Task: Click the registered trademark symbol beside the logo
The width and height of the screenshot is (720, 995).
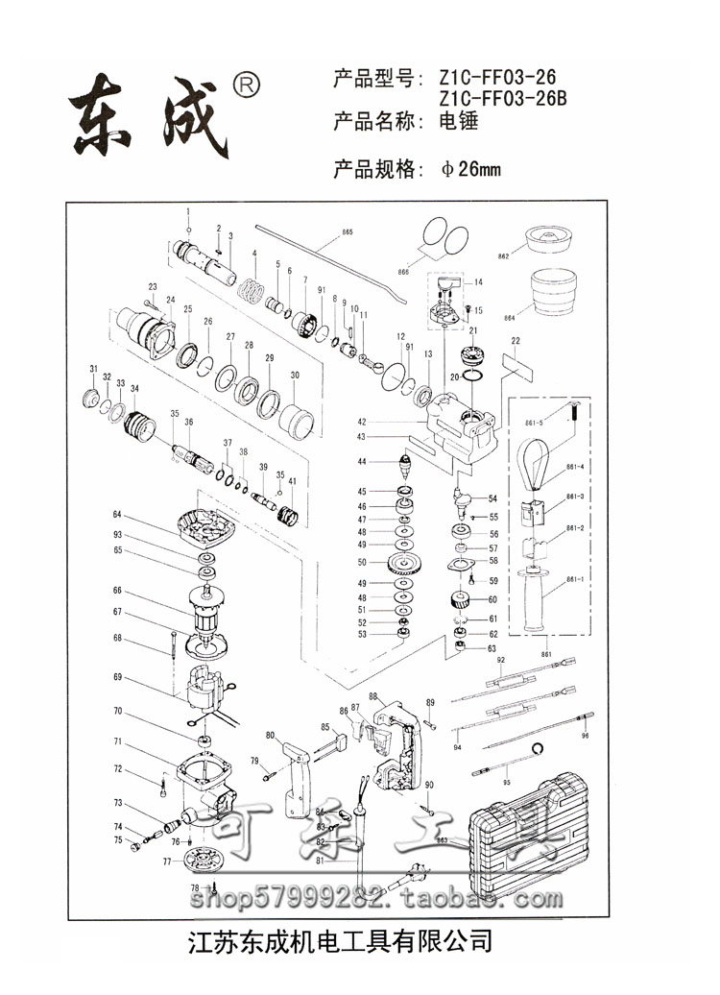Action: point(247,86)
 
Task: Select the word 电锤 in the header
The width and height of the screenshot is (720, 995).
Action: point(459,122)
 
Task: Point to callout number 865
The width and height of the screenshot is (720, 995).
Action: point(347,233)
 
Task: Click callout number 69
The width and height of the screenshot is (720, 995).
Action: point(118,678)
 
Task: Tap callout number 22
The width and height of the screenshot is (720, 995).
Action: point(516,341)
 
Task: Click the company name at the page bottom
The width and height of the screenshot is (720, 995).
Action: point(360,938)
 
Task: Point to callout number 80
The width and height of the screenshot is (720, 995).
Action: point(270,736)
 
